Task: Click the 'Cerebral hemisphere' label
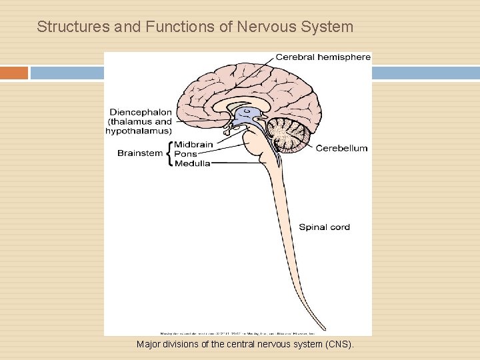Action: (323, 57)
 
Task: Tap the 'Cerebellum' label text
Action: (341, 148)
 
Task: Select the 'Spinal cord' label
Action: (324, 227)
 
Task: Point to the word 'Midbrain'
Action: (193, 145)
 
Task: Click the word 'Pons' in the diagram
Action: (185, 154)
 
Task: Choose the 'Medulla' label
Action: (193, 163)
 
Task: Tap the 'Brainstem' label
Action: (140, 153)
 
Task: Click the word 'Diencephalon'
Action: (140, 112)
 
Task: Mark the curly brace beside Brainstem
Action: (169, 154)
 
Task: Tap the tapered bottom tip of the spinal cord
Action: (324, 328)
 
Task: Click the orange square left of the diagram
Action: (14, 73)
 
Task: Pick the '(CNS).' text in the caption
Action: (339, 345)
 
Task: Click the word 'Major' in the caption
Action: (149, 345)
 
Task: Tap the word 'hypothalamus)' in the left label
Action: (139, 131)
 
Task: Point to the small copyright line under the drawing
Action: (238, 331)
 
